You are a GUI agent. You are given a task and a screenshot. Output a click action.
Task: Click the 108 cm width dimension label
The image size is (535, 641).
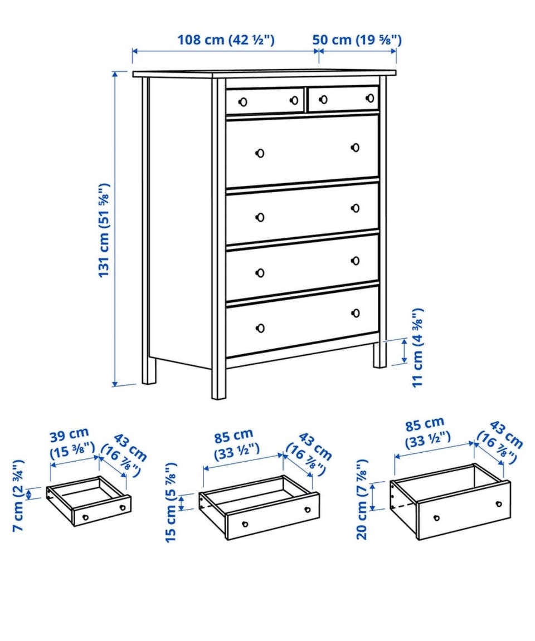(x=226, y=40)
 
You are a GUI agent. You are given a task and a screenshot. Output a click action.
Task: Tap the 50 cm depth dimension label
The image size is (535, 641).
(x=357, y=40)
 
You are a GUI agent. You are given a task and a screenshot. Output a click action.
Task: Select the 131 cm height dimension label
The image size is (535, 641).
(x=104, y=230)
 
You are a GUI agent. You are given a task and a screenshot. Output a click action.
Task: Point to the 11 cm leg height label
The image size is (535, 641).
(x=417, y=348)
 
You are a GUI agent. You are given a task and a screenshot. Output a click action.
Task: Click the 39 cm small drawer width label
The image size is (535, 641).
(x=70, y=435)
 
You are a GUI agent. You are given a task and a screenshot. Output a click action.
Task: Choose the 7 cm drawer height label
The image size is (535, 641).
(x=18, y=496)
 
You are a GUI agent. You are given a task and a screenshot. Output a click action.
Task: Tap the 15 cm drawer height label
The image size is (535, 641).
(x=172, y=502)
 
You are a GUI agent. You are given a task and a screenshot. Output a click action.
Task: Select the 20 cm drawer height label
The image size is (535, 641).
(x=362, y=499)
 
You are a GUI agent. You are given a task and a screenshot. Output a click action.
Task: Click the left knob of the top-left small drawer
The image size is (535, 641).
(x=242, y=102)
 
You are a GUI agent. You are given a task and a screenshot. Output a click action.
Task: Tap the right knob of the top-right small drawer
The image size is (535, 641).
(x=370, y=98)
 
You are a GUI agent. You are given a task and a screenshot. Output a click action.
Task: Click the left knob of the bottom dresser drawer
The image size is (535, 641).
(x=260, y=328)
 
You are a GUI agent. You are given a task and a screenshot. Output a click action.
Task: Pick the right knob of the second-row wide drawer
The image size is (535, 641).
(x=355, y=147)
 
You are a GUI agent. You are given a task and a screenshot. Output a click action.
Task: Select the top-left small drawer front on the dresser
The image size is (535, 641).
(x=265, y=101)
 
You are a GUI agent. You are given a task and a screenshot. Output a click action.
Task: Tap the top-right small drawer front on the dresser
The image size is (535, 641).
(x=344, y=98)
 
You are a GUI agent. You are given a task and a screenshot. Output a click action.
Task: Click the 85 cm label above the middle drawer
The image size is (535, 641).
(x=233, y=437)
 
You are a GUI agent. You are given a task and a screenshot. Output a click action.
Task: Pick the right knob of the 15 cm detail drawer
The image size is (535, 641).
(x=307, y=510)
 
